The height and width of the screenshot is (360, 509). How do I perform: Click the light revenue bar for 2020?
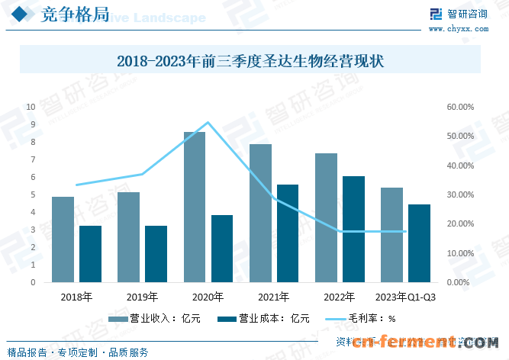click(194, 207)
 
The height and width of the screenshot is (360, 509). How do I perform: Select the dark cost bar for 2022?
click(353, 229)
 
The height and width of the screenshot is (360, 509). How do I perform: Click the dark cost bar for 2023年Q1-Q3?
click(419, 243)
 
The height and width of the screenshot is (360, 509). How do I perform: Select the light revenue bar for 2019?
click(128, 237)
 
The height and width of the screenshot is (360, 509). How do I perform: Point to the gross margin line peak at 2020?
click(208, 122)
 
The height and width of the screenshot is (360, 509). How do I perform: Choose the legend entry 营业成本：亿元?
click(263, 319)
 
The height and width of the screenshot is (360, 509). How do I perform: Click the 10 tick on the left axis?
click(31, 107)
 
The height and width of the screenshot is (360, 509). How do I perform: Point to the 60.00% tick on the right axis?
click(461, 107)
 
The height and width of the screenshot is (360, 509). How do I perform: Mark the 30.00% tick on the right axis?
click(461, 194)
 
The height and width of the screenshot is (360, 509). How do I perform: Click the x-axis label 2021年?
click(274, 297)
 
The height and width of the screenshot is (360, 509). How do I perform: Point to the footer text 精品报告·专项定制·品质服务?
click(77, 352)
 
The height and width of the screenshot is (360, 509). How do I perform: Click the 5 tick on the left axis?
click(33, 194)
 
